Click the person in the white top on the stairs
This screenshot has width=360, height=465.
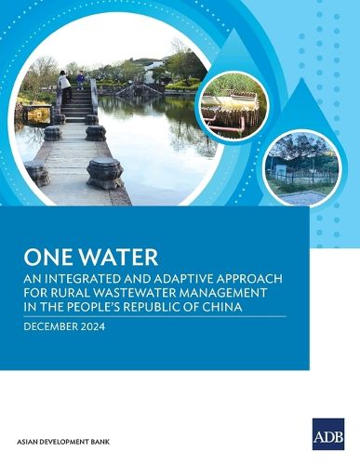[x=64, y=85]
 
